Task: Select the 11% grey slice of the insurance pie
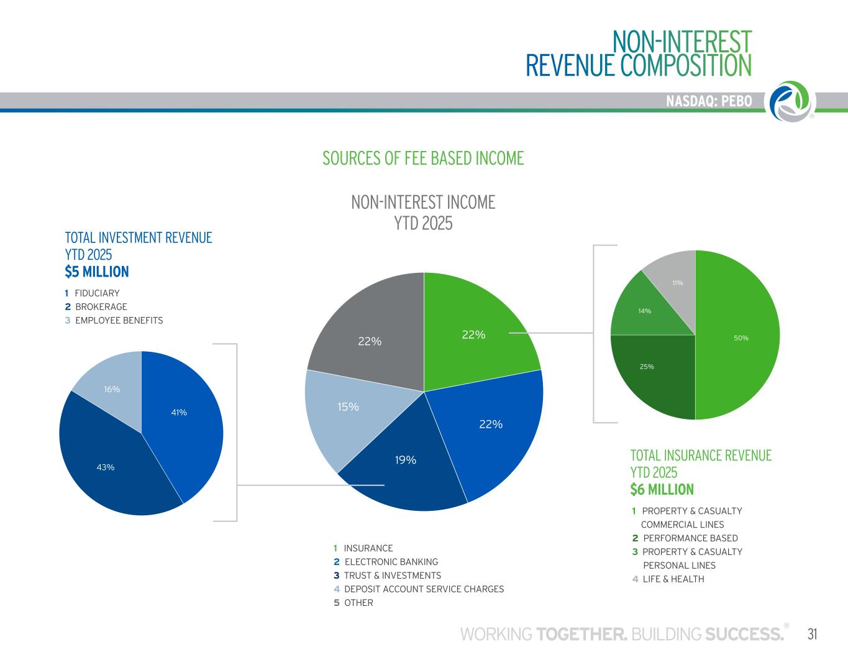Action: point(674,286)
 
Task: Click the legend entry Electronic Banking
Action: point(391,562)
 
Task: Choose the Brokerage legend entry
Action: point(101,307)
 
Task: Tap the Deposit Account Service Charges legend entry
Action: point(424,589)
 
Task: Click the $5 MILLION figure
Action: point(97,272)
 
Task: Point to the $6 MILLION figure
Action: point(662,490)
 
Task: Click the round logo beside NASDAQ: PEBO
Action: point(791,101)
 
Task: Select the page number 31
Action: point(812,634)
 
